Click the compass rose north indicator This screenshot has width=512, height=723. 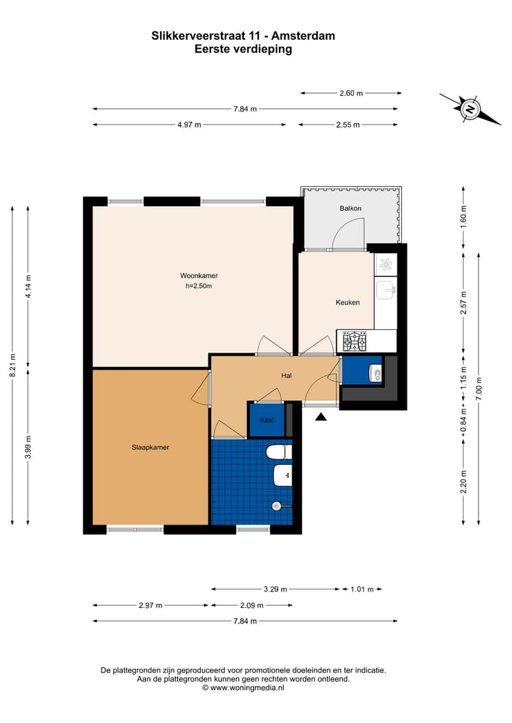tap(470, 109)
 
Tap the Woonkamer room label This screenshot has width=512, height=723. tap(198, 275)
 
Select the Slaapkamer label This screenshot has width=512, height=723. tap(150, 447)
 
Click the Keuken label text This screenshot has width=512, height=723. tap(348, 302)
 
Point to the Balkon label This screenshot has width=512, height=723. tap(351, 208)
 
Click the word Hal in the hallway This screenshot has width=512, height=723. tap(287, 376)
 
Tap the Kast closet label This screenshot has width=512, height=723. tap(267, 420)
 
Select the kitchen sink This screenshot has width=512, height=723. tap(385, 290)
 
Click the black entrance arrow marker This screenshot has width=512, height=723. tap(321, 417)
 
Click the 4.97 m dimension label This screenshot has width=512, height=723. tap(189, 124)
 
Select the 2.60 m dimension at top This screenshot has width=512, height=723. tap(351, 93)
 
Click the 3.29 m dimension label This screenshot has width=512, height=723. tap(275, 589)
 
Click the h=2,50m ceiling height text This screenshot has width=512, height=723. tap(198, 286)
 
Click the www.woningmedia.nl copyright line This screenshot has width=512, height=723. tap(243, 687)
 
